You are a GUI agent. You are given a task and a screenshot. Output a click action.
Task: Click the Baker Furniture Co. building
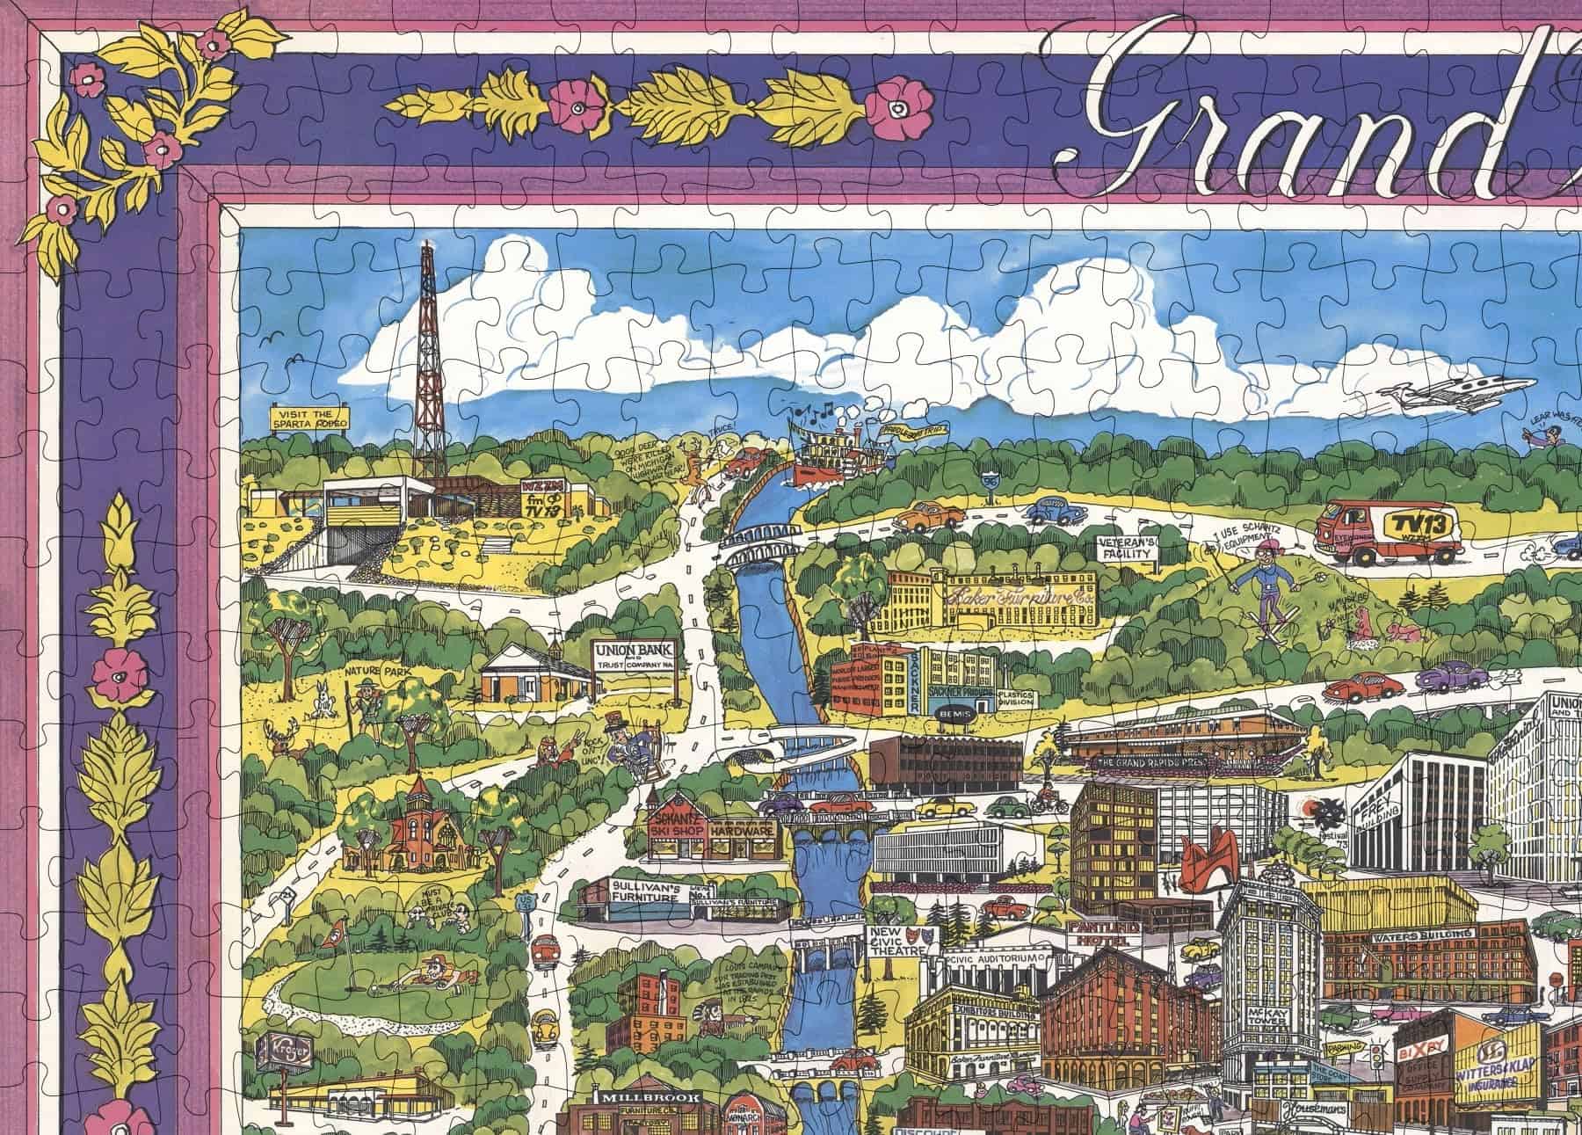pyautogui.click(x=993, y=599)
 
